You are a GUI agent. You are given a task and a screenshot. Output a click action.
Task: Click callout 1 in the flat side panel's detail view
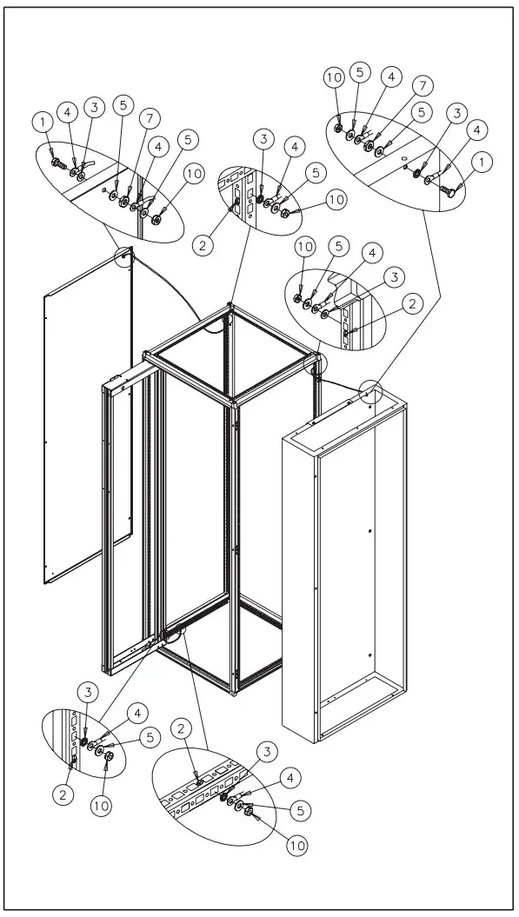coord(43,123)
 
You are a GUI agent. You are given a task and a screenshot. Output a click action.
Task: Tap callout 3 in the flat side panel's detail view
coord(95,107)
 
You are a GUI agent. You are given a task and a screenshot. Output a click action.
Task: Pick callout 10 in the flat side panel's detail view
coord(194,174)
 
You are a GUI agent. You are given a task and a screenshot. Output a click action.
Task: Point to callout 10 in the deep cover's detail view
coord(336,77)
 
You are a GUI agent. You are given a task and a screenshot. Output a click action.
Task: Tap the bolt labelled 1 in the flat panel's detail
coord(57,163)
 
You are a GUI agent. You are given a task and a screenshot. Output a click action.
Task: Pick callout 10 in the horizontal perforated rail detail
coord(296,842)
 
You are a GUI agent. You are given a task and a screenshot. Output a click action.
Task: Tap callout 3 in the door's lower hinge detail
coord(87,692)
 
